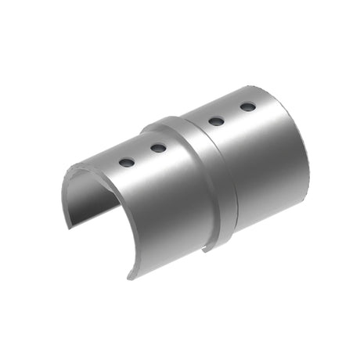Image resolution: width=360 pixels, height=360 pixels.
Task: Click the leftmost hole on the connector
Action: point(126,162)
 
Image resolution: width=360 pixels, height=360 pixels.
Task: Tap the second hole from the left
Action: point(158,147)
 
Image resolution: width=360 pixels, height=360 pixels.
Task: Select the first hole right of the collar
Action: point(217,121)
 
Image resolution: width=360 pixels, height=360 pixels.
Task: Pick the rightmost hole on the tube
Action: point(247,106)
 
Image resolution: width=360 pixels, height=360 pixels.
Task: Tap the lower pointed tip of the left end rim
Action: point(129,274)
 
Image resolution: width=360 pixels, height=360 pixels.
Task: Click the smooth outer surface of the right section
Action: point(258,172)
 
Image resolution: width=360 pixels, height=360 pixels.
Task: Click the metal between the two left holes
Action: point(142,155)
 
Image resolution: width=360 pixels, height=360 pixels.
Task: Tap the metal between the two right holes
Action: point(232,113)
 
